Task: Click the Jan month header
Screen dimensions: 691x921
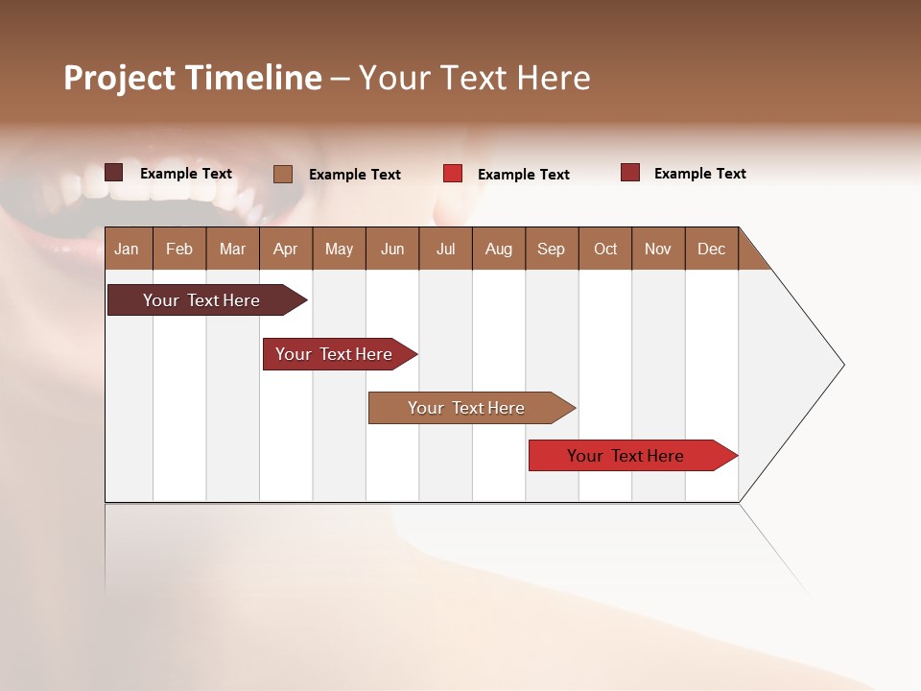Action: point(127,249)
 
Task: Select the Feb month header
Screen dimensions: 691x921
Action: point(179,249)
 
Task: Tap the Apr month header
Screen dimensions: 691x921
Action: point(285,249)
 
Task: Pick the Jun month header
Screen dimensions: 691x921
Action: point(392,249)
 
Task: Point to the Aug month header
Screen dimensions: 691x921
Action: point(498,249)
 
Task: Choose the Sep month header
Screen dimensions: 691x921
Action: point(551,249)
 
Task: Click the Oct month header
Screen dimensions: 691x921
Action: point(605,249)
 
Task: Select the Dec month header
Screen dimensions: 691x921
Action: point(711,249)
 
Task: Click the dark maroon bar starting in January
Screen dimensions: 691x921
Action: point(201,300)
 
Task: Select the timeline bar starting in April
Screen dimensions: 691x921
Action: point(334,354)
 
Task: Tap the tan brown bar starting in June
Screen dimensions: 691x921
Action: point(466,408)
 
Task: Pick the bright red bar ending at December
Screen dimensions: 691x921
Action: point(626,456)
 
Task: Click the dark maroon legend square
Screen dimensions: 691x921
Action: point(114,173)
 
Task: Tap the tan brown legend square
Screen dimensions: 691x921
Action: point(283,174)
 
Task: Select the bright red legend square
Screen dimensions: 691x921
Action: point(453,174)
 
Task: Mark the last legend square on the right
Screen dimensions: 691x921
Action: point(630,173)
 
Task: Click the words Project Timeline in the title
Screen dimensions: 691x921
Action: point(192,78)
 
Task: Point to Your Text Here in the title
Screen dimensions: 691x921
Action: point(475,78)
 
